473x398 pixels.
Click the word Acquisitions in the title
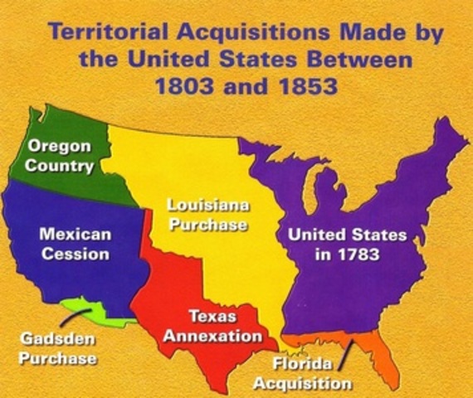coord(249,34)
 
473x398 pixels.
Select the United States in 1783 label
coord(347,245)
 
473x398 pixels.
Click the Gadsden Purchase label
coord(59,350)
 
